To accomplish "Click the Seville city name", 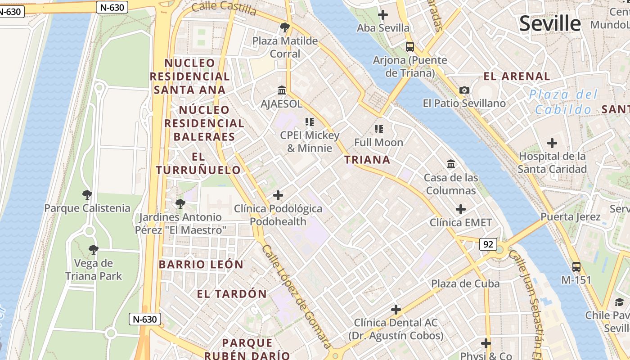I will tap(550, 23).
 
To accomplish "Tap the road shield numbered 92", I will tap(488, 244).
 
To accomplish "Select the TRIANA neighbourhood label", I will tap(367, 160).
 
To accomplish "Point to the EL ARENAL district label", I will tap(517, 76).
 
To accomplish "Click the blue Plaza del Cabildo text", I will tap(563, 102).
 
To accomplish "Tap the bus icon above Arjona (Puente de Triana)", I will tap(410, 46).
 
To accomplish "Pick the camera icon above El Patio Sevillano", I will tap(464, 90).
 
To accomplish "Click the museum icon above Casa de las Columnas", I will tap(451, 164).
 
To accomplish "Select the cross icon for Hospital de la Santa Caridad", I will tap(552, 144).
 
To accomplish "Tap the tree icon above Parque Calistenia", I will tap(87, 195).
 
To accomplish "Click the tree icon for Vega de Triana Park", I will tap(93, 249).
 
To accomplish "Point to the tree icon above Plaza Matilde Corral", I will tap(284, 28).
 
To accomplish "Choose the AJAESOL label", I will tap(282, 104).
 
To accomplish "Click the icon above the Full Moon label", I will tap(379, 130).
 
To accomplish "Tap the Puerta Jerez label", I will tap(570, 217).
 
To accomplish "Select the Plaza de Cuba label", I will tap(465, 283).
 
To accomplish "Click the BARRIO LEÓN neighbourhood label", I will tap(201, 265).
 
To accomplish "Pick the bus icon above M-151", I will tap(576, 266).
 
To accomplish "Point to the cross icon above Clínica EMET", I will tap(461, 209).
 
